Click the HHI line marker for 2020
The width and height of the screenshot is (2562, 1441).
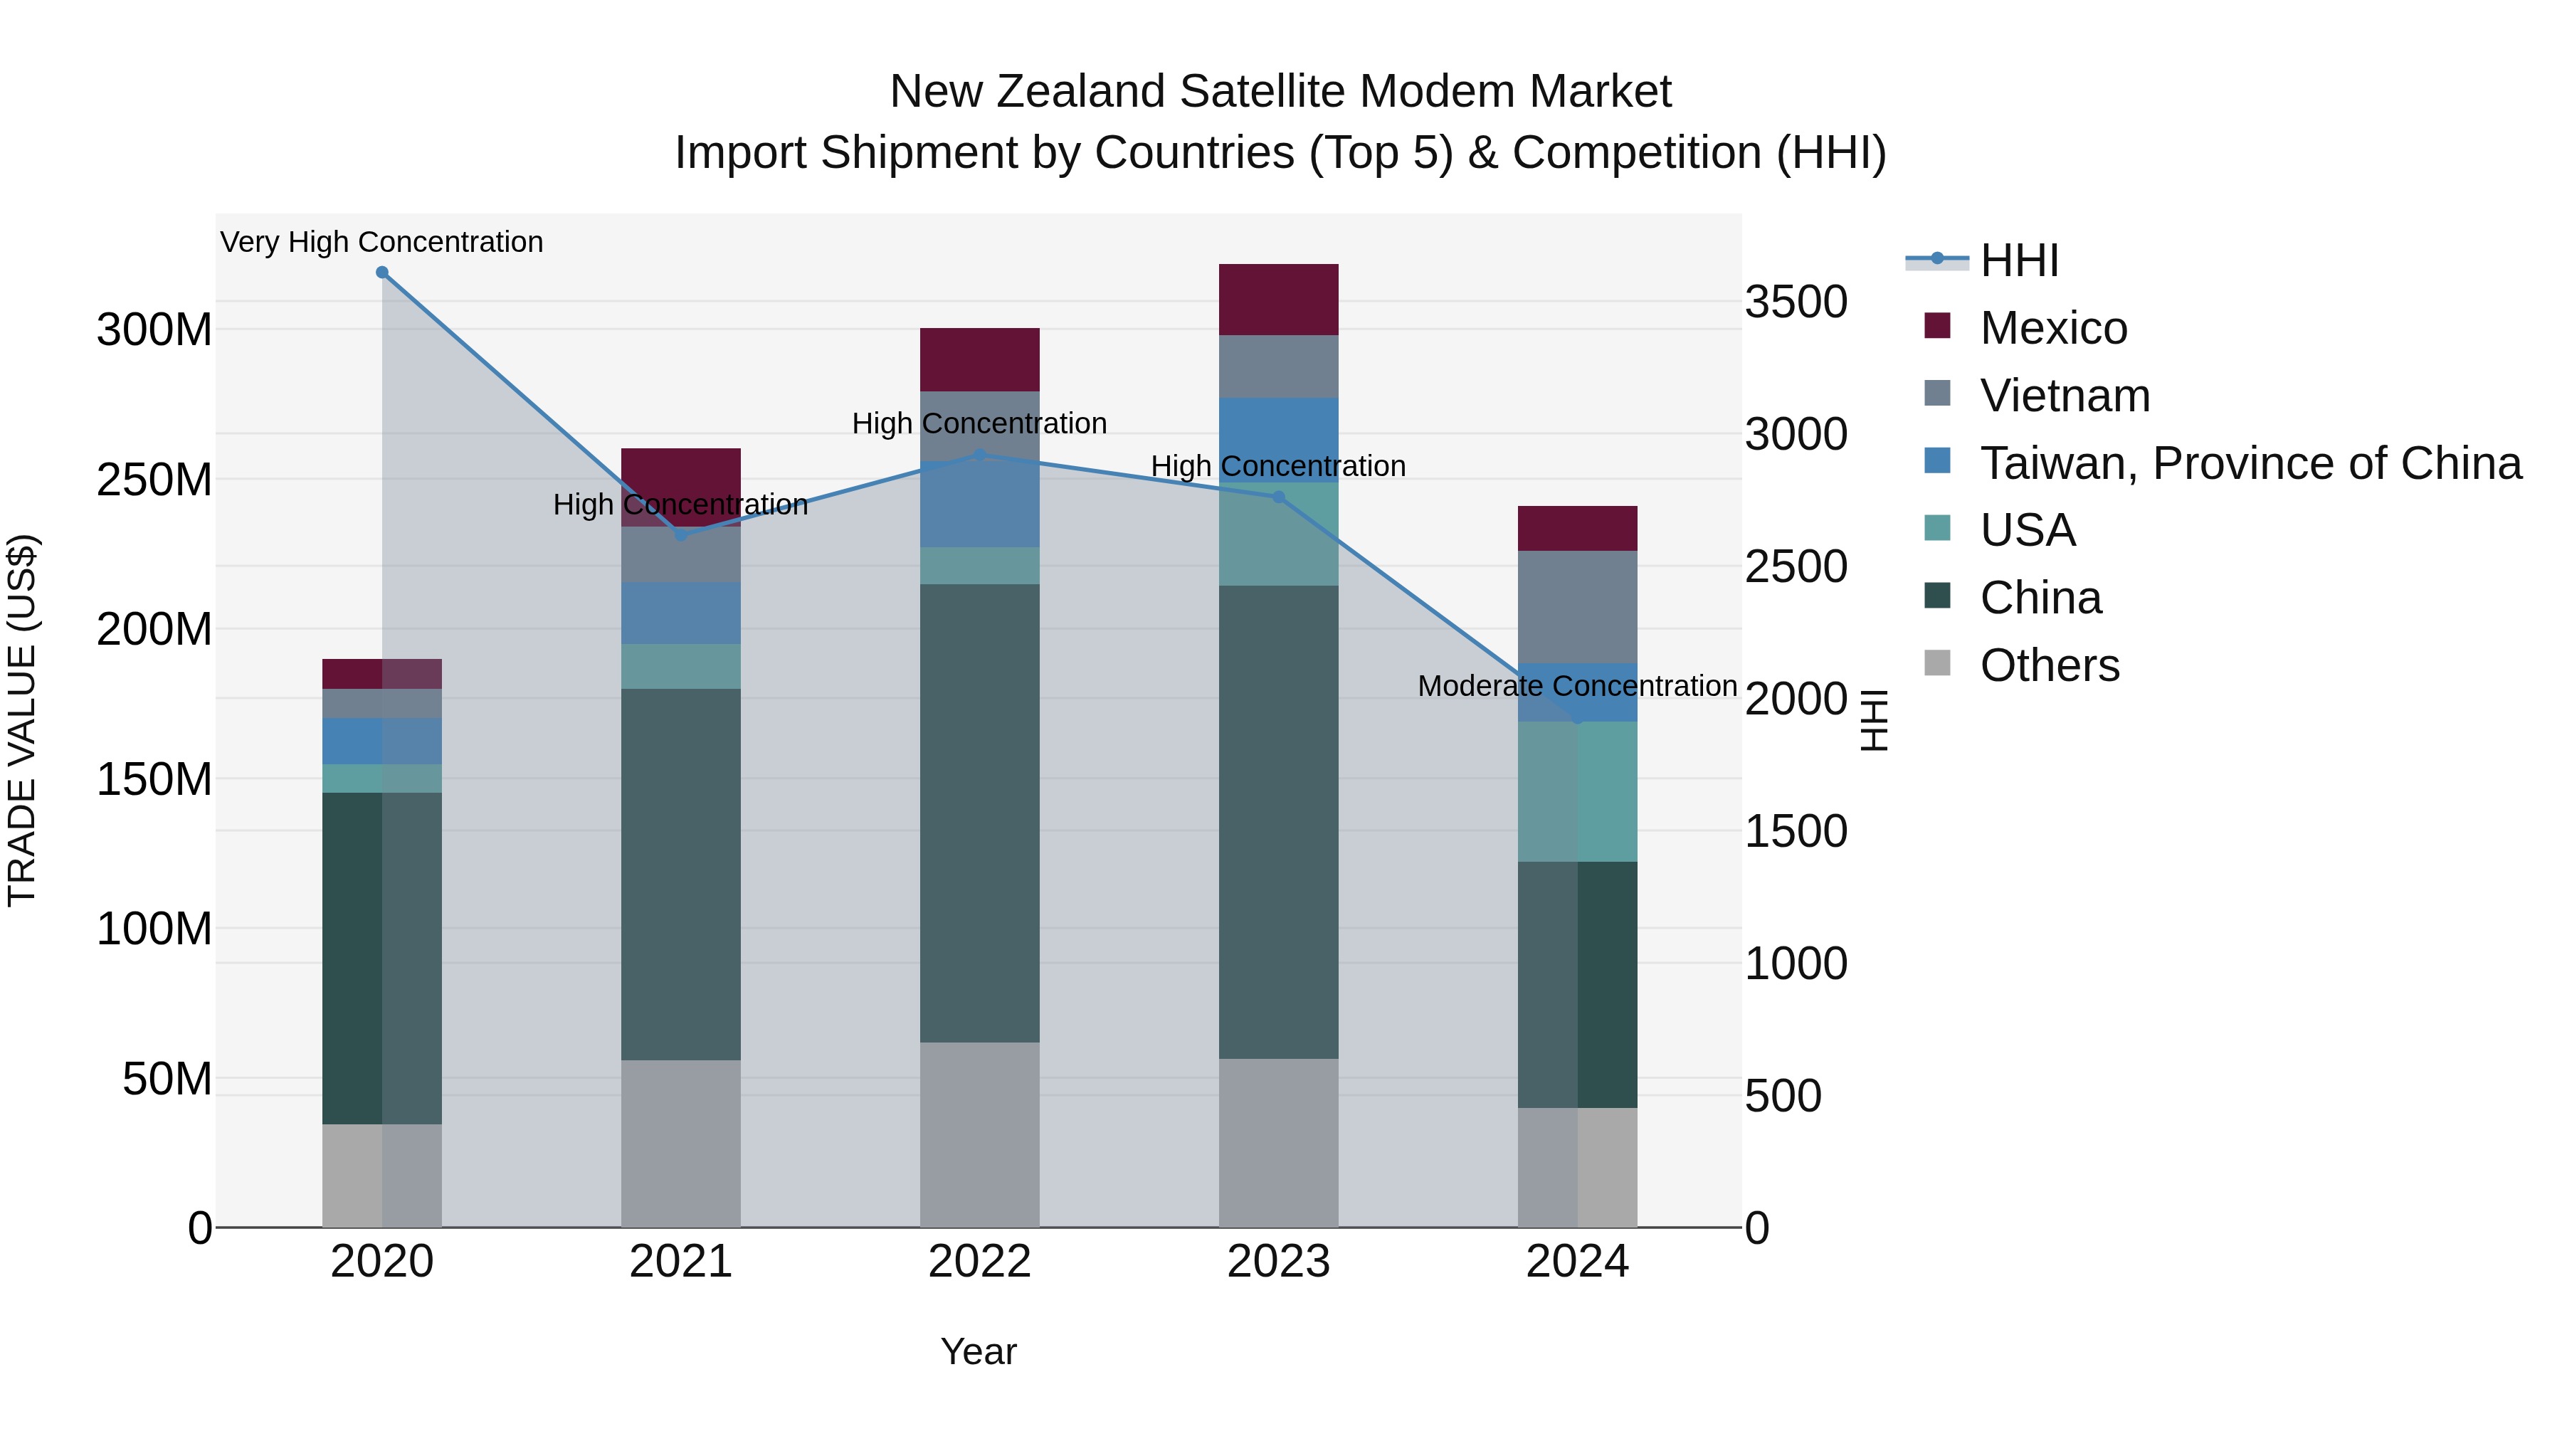tap(382, 273)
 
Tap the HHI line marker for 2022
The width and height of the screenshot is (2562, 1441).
tap(980, 455)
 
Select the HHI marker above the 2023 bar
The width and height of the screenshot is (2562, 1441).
tap(1279, 497)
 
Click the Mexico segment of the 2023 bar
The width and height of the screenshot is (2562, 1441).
tap(1278, 300)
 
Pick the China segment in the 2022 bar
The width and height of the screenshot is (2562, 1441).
tap(980, 813)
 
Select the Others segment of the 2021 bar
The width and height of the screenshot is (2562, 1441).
tap(680, 1143)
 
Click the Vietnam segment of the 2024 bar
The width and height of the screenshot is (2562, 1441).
tap(1577, 606)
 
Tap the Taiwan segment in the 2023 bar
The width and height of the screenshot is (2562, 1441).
tap(1278, 438)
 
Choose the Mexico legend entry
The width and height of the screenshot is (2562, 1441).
tap(2052, 328)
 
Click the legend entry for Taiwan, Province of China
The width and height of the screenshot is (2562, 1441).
tap(2250, 463)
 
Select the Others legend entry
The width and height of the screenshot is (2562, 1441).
tap(2049, 665)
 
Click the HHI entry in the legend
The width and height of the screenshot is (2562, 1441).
tap(2019, 260)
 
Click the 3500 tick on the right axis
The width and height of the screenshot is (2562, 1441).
tap(1796, 302)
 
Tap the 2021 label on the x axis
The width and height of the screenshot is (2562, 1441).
tap(680, 1262)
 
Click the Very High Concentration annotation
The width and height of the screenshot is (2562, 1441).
tap(382, 243)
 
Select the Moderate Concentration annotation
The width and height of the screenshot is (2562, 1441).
tap(1577, 686)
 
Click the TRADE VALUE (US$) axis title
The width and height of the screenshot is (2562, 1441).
tap(23, 720)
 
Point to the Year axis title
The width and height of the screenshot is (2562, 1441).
tap(979, 1351)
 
